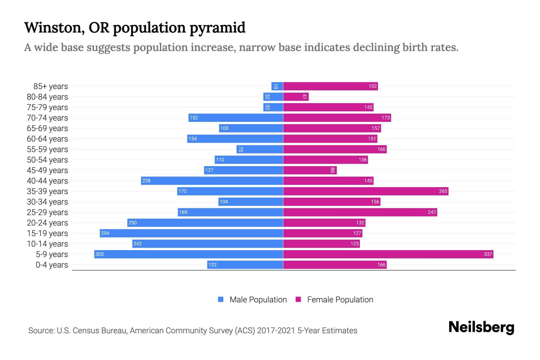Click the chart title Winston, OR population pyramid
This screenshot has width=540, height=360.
pyautogui.click(x=135, y=28)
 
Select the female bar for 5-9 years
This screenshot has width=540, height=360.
pyautogui.click(x=388, y=254)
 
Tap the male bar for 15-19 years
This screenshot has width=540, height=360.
pyautogui.click(x=191, y=233)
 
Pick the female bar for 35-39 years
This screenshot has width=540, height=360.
pyautogui.click(x=365, y=191)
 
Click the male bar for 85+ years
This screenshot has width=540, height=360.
pyautogui.click(x=277, y=86)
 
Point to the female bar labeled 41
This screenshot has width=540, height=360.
pyautogui.click(x=295, y=97)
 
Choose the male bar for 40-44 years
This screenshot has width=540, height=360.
pyautogui.click(x=212, y=181)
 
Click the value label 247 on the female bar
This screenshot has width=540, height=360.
pyautogui.click(x=432, y=212)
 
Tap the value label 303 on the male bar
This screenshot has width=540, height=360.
pyautogui.click(x=99, y=254)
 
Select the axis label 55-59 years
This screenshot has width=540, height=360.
pyautogui.click(x=47, y=149)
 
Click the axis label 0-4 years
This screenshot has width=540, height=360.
pyautogui.click(x=52, y=265)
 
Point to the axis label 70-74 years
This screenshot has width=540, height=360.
pyautogui.click(x=47, y=118)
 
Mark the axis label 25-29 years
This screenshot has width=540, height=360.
pyautogui.click(x=47, y=212)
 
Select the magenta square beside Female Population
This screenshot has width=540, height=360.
pyautogui.click(x=298, y=299)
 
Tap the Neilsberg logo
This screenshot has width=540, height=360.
pyautogui.click(x=481, y=327)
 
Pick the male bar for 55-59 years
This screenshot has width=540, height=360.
pyautogui.click(x=260, y=149)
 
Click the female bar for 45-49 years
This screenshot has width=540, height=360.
pyautogui.click(x=310, y=170)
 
